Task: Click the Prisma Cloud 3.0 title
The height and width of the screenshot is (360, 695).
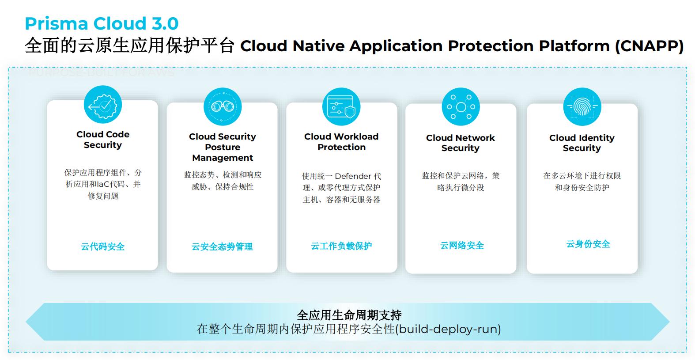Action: point(102,23)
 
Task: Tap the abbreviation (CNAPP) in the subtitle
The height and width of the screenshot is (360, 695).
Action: point(649,46)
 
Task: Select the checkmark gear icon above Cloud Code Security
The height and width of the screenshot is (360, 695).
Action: point(102,105)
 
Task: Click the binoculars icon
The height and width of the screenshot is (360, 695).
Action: point(223,106)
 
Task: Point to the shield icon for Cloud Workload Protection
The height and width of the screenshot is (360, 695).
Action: point(341,107)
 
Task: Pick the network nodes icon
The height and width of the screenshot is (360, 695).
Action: point(461,107)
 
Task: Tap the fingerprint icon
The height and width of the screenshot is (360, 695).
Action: point(582,107)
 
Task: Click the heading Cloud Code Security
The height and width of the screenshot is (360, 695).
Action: point(103,140)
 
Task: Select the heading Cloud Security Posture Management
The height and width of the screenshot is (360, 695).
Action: point(223,147)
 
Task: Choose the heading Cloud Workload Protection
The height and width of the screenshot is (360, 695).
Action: point(341,142)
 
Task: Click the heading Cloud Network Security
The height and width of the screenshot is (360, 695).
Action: point(461,143)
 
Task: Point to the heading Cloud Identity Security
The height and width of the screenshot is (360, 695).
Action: point(582,143)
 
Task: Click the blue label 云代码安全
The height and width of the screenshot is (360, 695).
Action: point(103,246)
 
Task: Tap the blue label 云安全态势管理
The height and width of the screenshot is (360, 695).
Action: point(222,246)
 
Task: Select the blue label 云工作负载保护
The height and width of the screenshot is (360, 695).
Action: point(341,246)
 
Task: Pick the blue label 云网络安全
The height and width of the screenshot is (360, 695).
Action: point(462,246)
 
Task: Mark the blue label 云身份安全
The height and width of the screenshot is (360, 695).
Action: point(588,244)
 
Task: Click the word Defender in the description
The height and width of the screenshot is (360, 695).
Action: point(353,176)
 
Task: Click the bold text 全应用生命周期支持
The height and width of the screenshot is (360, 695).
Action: point(349,315)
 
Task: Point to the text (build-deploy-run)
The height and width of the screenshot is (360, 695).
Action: point(448,329)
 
